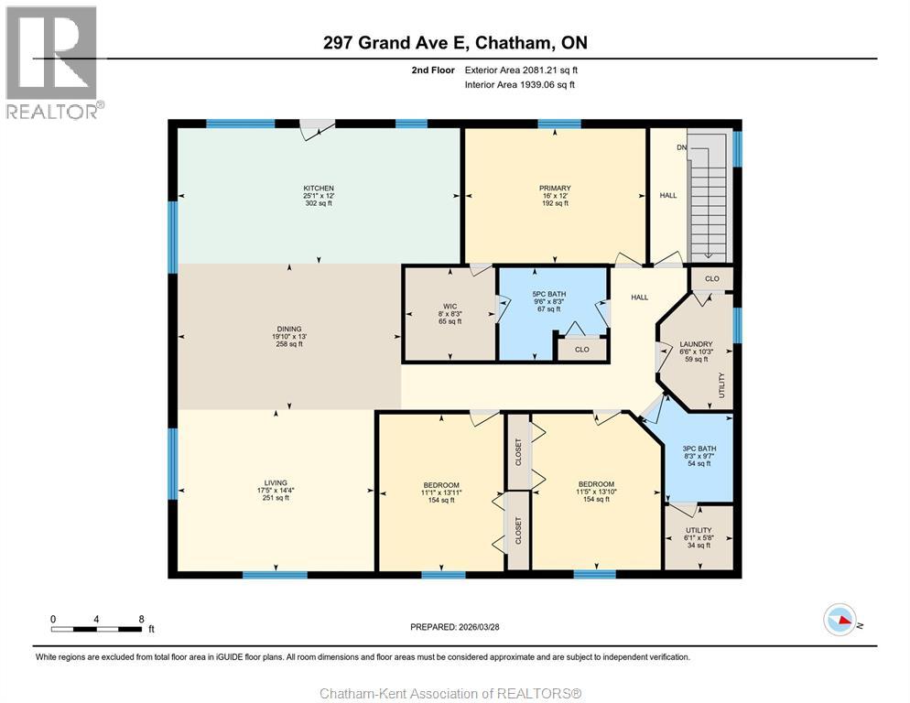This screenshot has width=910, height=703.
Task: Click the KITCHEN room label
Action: (x=319, y=188)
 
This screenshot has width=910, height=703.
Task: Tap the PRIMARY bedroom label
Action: (x=555, y=188)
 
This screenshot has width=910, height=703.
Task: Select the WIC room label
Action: (x=450, y=306)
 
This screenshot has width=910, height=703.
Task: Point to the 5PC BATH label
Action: (x=549, y=295)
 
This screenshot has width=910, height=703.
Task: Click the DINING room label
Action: (x=289, y=329)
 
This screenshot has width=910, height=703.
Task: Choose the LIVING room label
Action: (x=276, y=482)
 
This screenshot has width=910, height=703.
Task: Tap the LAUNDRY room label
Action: (x=696, y=344)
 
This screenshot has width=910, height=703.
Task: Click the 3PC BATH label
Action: (x=699, y=449)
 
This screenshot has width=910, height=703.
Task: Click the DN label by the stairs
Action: (x=681, y=147)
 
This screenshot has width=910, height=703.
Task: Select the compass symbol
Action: (x=840, y=620)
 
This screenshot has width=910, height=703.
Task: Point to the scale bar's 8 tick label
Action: (x=141, y=619)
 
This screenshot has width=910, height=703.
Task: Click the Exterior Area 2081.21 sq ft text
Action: (x=521, y=70)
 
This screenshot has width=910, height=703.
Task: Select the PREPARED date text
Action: (x=455, y=627)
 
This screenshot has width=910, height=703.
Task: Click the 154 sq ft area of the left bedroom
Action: (x=441, y=501)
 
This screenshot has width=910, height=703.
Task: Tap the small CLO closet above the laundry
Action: (x=712, y=278)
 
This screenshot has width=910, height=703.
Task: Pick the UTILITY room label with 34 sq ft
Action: (x=699, y=530)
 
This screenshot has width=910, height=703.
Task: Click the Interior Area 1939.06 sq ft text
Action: (x=520, y=85)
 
